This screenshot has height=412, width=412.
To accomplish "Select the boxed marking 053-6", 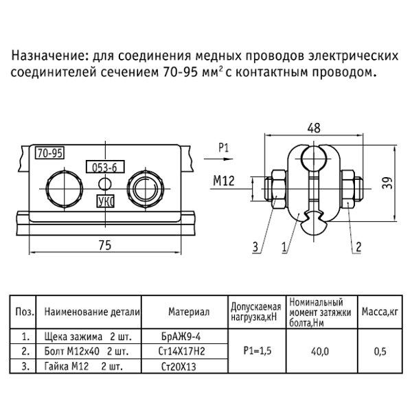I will click(x=100, y=166).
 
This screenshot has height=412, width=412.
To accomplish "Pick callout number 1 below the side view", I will click(x=284, y=246).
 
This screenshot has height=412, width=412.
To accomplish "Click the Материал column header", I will click(x=188, y=312).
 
